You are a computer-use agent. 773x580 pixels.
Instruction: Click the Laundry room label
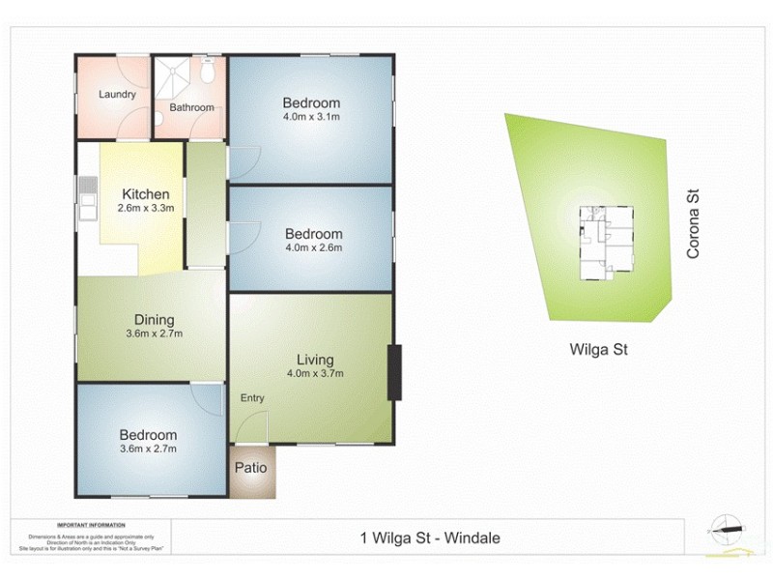point(117,95)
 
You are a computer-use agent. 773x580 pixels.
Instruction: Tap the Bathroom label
point(191,107)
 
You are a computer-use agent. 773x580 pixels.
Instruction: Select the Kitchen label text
point(145,194)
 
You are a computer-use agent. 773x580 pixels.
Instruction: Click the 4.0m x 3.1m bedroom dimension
point(311,117)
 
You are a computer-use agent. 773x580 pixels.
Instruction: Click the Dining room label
point(155,320)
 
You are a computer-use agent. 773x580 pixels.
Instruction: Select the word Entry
point(252,398)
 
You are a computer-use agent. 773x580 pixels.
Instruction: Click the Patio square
point(252,470)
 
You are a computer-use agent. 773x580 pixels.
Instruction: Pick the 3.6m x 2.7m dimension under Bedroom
point(149,449)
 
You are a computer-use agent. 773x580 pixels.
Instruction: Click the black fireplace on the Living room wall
point(393,372)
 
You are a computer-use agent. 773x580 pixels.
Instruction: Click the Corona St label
point(692,223)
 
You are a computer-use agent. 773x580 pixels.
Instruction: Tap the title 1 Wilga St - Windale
point(431,538)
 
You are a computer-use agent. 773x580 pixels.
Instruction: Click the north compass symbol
point(726,527)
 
